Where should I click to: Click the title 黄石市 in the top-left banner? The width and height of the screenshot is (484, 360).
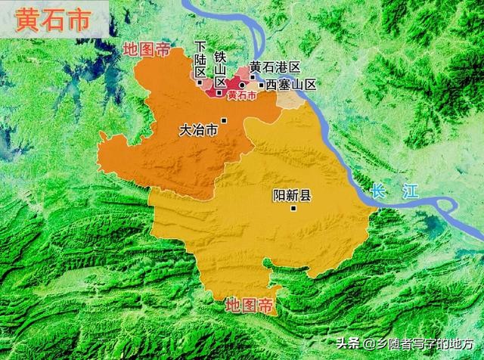[47, 19]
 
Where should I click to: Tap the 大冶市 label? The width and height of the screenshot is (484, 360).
[198, 130]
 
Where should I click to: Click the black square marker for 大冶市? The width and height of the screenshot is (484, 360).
[224, 120]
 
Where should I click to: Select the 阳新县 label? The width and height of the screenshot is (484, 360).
[292, 196]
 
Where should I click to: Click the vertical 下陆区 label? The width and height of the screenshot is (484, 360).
[200, 59]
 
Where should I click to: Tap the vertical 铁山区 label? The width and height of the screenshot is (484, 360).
[220, 70]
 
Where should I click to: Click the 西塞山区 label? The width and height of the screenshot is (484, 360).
[290, 85]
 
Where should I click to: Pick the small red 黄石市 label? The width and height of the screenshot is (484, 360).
[241, 96]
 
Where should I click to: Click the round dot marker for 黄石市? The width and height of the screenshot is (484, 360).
[242, 85]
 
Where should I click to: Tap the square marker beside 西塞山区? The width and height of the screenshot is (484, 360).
[261, 85]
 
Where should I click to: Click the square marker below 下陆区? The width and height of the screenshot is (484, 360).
[200, 82]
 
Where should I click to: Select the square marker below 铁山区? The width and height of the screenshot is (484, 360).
[219, 92]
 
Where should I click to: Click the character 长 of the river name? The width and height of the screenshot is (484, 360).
[379, 191]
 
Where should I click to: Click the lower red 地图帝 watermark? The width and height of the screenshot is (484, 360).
[251, 306]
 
